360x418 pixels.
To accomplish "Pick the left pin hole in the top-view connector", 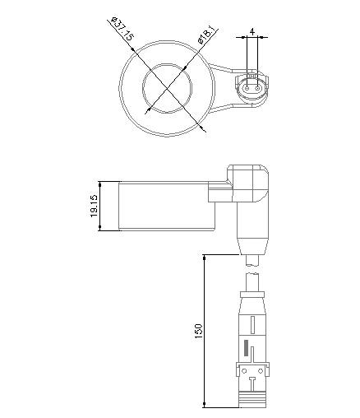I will [247, 84].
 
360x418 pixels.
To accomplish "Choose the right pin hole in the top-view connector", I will [256, 84].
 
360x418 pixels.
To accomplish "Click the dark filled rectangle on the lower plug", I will [244, 348].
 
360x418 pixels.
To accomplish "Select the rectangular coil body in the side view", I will [165, 206].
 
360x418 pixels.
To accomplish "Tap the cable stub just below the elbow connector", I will [254, 261].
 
